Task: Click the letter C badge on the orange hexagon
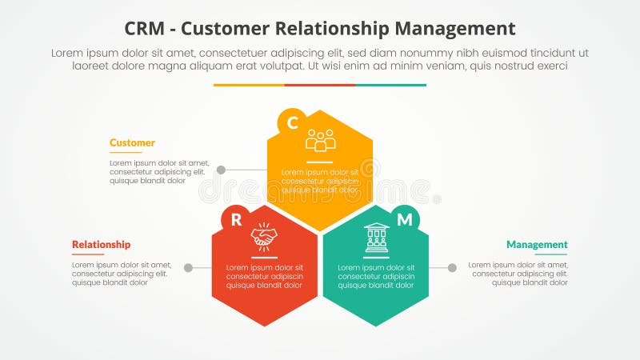[292, 122]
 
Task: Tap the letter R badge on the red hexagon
[236, 220]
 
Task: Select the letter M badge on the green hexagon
[405, 220]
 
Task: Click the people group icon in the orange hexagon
[320, 141]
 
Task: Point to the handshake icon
[263, 236]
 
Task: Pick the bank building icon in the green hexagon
[376, 237]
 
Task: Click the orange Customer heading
[132, 143]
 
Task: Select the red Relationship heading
[101, 245]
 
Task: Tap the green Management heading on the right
[537, 245]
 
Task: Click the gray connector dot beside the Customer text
[221, 170]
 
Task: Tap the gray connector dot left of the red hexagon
[188, 268]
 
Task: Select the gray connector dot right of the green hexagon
[452, 268]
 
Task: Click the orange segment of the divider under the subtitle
[249, 85]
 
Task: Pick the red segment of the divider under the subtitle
[320, 85]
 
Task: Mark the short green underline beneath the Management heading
[550, 254]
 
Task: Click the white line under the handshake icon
[263, 254]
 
